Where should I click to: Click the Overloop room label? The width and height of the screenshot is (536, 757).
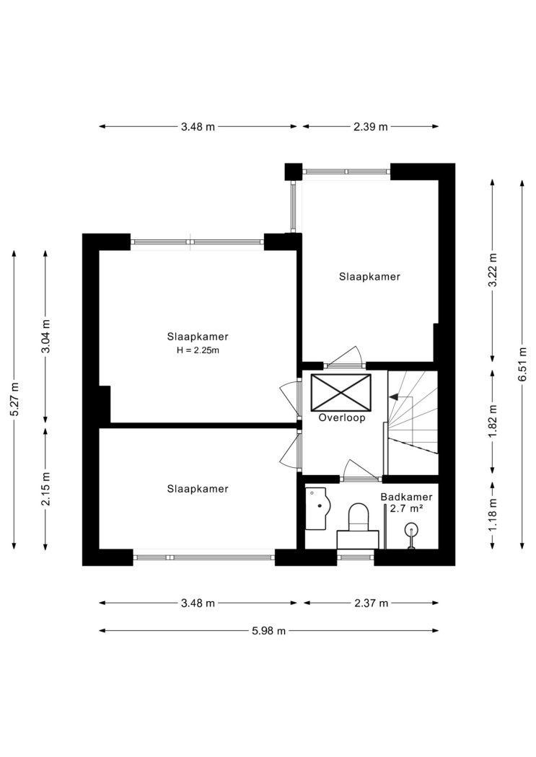(x=341, y=418)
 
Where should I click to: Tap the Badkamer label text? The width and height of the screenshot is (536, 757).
(x=406, y=497)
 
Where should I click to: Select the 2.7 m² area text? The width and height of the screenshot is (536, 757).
(x=407, y=508)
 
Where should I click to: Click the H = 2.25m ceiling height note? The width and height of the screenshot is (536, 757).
(x=198, y=350)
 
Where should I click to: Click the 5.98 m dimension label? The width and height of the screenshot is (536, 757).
(x=268, y=631)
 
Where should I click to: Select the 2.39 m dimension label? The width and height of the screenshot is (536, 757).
(x=370, y=126)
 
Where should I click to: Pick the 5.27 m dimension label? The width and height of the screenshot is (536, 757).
(x=14, y=399)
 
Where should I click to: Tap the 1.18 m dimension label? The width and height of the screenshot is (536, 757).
(x=493, y=515)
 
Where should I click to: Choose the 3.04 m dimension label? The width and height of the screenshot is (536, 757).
(x=46, y=336)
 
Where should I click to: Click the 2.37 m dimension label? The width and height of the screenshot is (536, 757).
(x=371, y=603)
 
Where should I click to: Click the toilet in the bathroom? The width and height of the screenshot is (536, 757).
(x=358, y=526)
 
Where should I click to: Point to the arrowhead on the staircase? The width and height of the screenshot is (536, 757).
(x=394, y=397)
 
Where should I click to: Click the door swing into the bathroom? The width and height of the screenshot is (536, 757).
(x=360, y=469)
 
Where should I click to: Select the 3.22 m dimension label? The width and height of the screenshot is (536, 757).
(x=493, y=270)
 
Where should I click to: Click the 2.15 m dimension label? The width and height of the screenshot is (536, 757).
(x=46, y=489)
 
